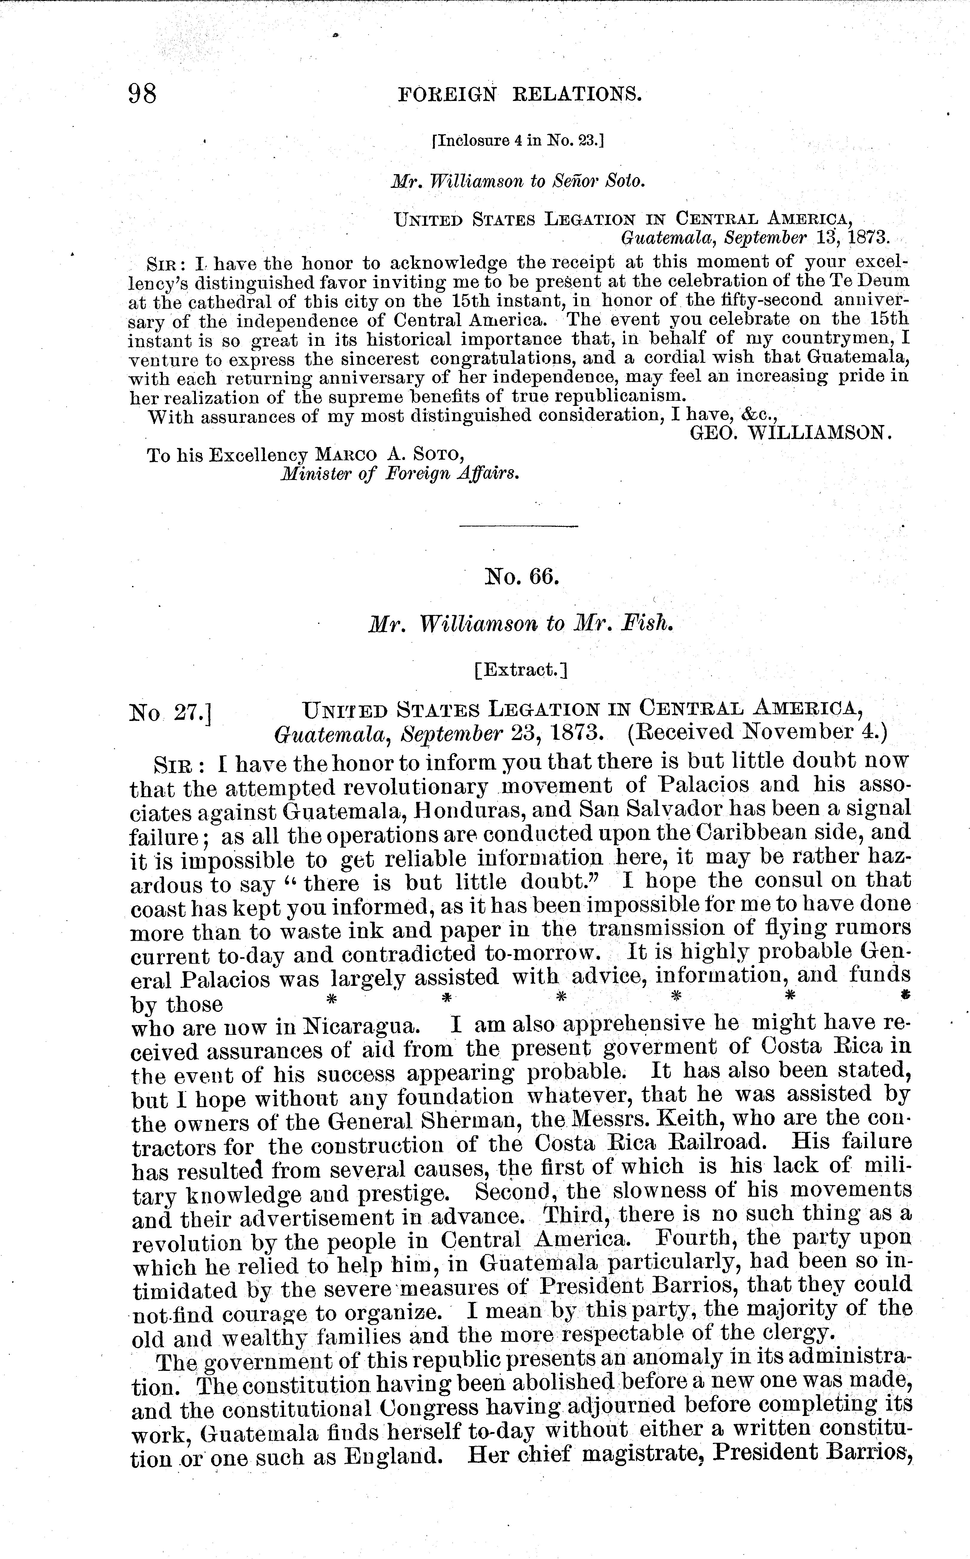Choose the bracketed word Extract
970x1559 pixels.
click(521, 670)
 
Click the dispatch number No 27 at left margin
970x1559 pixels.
click(171, 712)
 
